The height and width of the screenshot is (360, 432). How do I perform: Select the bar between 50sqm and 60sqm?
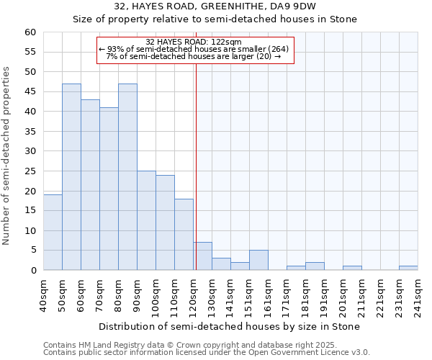point(71,177)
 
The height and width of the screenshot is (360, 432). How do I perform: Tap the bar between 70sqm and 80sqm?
point(109,189)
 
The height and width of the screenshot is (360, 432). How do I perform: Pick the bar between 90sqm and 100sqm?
point(146,220)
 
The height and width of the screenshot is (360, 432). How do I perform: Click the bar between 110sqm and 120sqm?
point(184,235)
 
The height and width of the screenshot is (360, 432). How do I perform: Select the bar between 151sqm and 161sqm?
point(258,260)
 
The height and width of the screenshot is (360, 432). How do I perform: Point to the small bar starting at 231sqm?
point(408,268)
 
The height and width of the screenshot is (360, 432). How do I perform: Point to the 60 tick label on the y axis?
point(30,32)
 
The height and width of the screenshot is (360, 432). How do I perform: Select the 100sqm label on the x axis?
point(160,295)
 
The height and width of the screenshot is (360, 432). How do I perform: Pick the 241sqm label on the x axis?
point(421,295)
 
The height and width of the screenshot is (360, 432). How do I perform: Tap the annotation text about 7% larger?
point(194,56)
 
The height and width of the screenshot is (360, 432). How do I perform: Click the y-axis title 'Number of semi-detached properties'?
point(7,156)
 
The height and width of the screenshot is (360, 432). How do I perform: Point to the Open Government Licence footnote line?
point(207,352)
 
